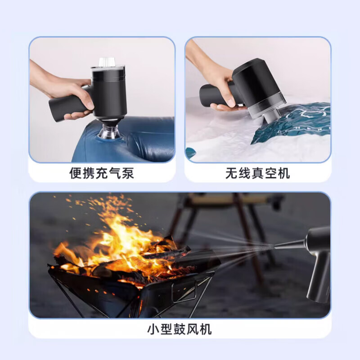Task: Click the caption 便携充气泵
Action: pos(102,173)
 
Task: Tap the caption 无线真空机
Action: pos(257,173)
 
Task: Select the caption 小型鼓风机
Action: pos(179,329)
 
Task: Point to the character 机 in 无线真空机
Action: pos(283,173)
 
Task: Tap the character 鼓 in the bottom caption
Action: pos(179,329)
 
